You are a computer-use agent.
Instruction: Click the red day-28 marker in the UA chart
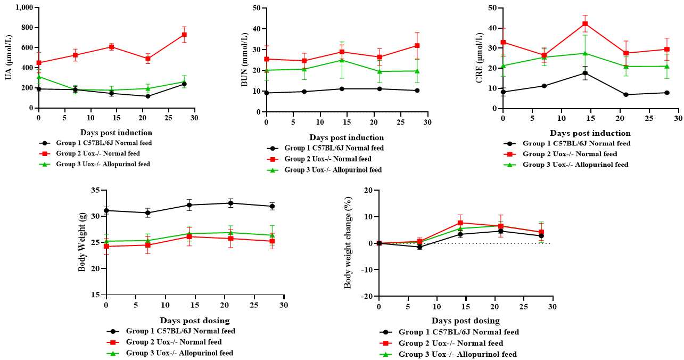(184, 35)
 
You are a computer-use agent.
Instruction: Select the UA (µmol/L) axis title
(9, 57)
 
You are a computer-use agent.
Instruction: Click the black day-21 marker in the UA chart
(147, 96)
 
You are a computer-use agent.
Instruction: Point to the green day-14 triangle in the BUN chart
(342, 60)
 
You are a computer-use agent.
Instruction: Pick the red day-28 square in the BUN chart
(417, 46)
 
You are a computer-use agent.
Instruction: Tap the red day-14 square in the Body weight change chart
(460, 223)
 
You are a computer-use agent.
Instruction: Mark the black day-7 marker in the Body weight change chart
(419, 247)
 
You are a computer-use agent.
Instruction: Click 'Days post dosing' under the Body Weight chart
(195, 321)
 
